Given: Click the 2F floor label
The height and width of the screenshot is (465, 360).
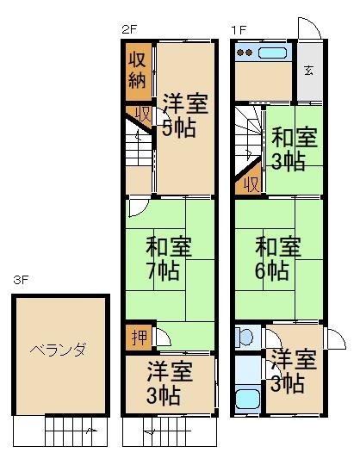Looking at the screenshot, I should click(x=128, y=31).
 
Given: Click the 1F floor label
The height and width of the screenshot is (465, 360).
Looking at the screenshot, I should click(x=239, y=31).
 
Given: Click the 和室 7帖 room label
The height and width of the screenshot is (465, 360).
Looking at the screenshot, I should click(x=163, y=257).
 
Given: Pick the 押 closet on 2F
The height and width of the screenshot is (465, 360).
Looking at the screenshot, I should click(x=138, y=336).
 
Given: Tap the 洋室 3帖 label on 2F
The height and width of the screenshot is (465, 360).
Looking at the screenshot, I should click(x=170, y=383).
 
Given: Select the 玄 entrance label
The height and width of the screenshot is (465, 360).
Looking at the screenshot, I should click(x=311, y=71).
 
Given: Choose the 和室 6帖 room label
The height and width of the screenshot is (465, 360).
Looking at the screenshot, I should click(x=278, y=257).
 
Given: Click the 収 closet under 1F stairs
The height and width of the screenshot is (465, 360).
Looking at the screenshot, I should click(x=251, y=183).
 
